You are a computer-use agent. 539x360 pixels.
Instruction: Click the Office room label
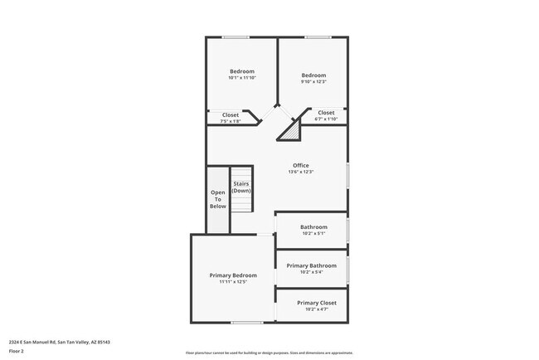[300, 165]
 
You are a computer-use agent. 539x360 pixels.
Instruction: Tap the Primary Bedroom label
[233, 275]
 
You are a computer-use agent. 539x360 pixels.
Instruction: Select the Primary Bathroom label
[311, 265]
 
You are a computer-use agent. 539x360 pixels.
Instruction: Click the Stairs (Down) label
[241, 187]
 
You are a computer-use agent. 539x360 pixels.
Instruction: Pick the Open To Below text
[217, 199]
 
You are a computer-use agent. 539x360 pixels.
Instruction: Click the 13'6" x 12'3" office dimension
[300, 173]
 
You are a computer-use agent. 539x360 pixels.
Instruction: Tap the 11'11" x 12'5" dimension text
[233, 282]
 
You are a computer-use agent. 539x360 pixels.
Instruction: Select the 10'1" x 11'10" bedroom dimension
[242, 78]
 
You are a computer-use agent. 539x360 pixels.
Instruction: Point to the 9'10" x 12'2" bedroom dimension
[313, 81]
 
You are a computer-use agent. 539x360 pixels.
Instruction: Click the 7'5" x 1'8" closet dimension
[230, 122]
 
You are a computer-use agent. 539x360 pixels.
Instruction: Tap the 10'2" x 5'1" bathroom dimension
[313, 234]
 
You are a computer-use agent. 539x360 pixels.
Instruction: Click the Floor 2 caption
[16, 351]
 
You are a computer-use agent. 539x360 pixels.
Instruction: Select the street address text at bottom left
[60, 342]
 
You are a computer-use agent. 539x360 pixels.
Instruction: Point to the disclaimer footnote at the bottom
[269, 353]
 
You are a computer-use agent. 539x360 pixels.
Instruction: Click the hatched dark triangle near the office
[292, 130]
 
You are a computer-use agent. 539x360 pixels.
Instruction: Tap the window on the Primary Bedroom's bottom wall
[247, 323]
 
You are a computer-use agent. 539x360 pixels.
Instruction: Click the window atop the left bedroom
[236, 36]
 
